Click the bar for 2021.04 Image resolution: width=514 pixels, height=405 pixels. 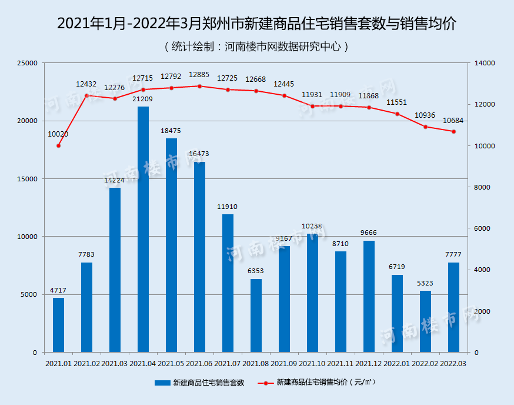click(x=143, y=230)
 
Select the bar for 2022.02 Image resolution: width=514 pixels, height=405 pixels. click(x=425, y=321)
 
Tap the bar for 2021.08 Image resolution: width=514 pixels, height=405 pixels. click(x=256, y=316)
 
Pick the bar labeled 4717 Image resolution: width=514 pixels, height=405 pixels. click(x=58, y=325)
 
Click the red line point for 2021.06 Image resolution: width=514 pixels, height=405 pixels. click(x=199, y=86)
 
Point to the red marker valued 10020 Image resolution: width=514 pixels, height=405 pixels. click(x=58, y=145)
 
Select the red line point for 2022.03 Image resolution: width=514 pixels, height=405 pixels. click(x=453, y=132)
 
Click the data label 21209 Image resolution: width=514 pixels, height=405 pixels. click(x=143, y=99)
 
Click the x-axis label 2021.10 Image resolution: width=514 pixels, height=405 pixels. click(x=312, y=364)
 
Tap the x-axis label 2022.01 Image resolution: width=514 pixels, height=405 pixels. click(x=397, y=364)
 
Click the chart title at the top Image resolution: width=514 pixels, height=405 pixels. click(x=257, y=24)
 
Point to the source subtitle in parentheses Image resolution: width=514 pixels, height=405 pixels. click(x=257, y=46)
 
